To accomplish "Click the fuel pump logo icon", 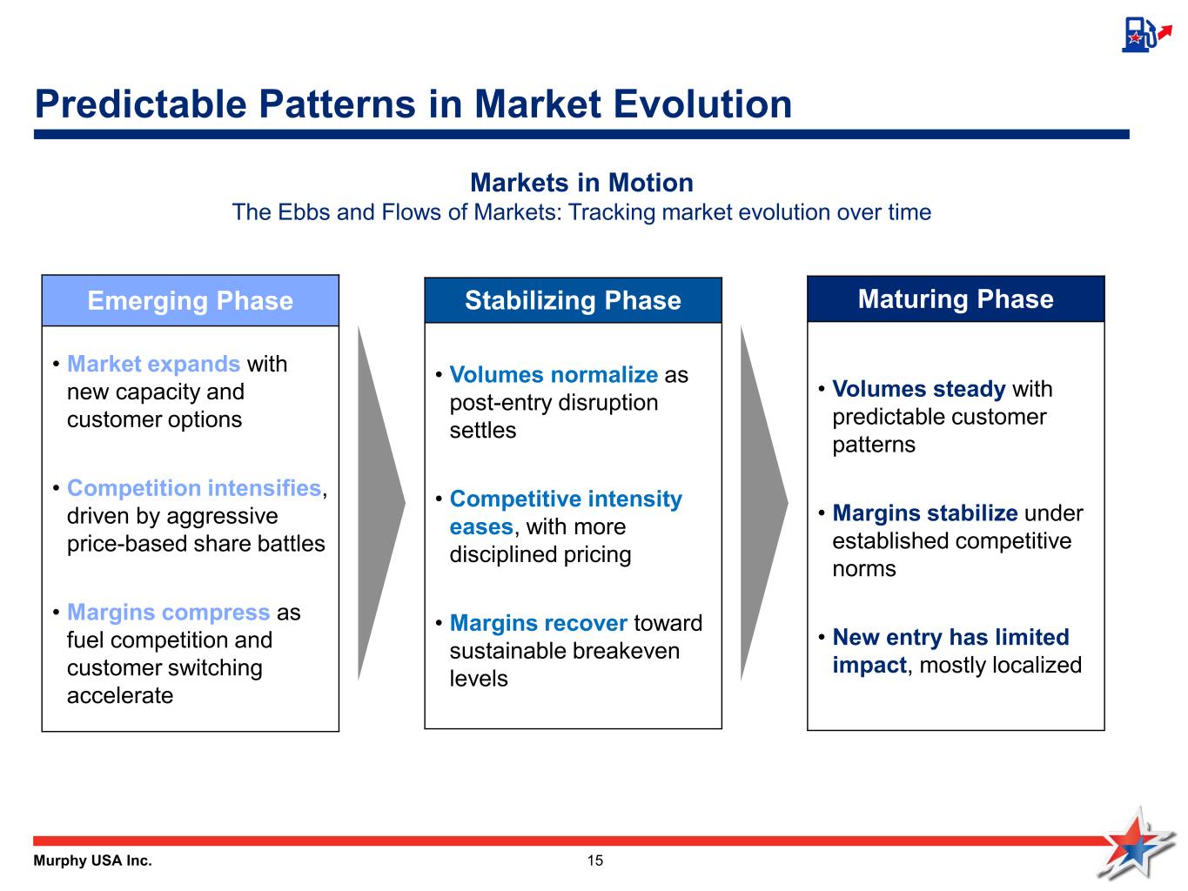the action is (1146, 35).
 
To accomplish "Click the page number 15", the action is (594, 861).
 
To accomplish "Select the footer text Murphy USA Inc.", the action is (92, 861).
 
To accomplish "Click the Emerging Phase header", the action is (191, 301).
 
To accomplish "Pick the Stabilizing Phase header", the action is (573, 300).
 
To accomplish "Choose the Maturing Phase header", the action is (956, 298).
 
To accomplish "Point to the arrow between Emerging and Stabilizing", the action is (381, 503).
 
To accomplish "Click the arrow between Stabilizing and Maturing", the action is (763, 503).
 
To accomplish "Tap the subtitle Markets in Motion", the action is (582, 183).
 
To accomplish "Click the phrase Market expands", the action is (154, 364).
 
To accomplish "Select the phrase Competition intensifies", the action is (194, 488).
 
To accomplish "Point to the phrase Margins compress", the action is (168, 613).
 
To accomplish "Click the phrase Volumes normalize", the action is (554, 374).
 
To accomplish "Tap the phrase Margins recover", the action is (539, 623).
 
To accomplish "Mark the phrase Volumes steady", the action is (919, 389).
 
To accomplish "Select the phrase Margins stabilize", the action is (925, 512).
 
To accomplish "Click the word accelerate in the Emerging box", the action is (120, 696).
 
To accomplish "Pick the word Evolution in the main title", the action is (702, 104).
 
